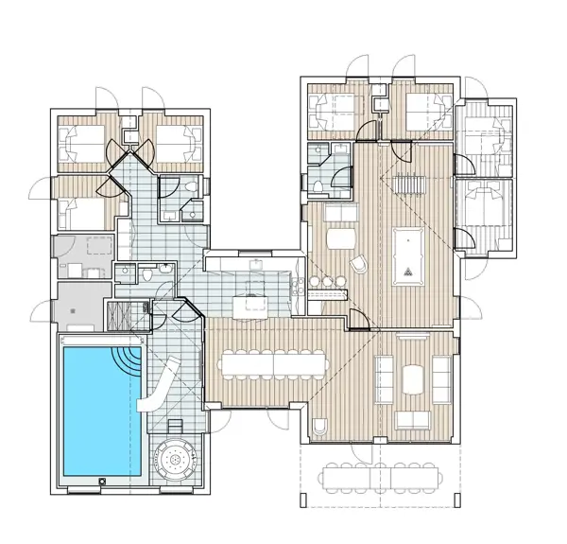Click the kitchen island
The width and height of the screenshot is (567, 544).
(250, 305)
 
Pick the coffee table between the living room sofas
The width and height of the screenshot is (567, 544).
(414, 378)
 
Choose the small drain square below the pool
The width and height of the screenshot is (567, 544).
(99, 482)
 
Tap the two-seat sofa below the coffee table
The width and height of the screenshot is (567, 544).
(412, 419)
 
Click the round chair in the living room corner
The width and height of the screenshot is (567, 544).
(319, 426)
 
